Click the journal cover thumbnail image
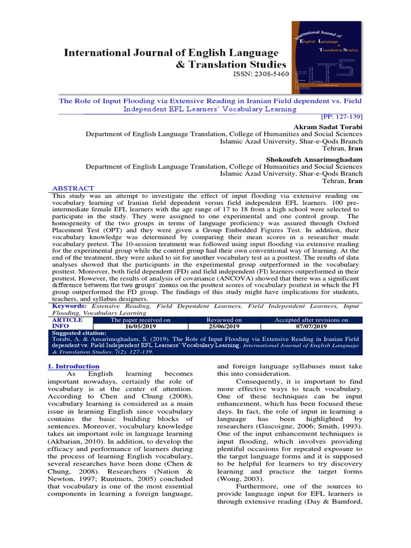326,57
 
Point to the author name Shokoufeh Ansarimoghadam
314,159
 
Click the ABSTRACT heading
73,188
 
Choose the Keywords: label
69,306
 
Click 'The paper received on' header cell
140,319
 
